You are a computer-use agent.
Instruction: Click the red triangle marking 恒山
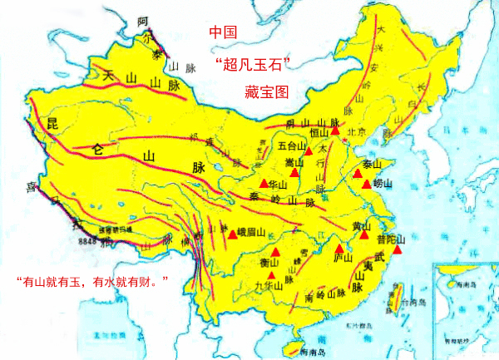335,131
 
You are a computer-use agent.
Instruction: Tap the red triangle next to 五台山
308,151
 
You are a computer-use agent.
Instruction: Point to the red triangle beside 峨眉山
232,235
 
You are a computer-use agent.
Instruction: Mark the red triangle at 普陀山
398,249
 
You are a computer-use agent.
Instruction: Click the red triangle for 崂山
367,184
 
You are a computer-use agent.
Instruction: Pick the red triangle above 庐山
339,249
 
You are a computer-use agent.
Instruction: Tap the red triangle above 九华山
275,251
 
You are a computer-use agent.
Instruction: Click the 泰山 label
372,164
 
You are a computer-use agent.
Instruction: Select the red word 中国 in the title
223,32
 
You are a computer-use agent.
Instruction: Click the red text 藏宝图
266,92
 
